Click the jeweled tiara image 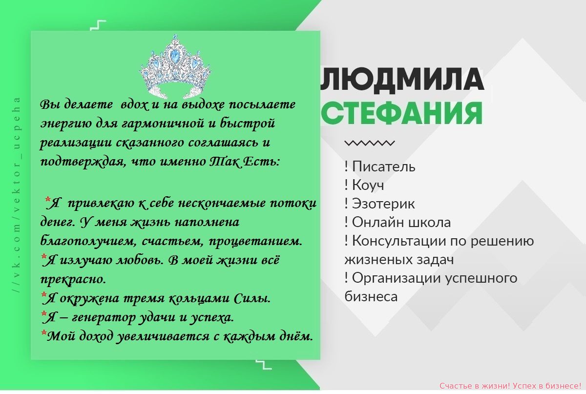click(175, 67)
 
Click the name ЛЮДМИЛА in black click(402, 80)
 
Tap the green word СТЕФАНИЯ click(401, 113)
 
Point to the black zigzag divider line click(369, 143)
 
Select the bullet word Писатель click(383, 166)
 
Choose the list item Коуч click(368, 185)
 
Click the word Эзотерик click(383, 204)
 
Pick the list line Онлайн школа click(401, 222)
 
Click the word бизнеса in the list click(371, 297)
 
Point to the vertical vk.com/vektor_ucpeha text click(17, 195)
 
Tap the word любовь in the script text click(139, 260)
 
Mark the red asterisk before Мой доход click(43, 333)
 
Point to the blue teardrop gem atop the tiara click(174, 56)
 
